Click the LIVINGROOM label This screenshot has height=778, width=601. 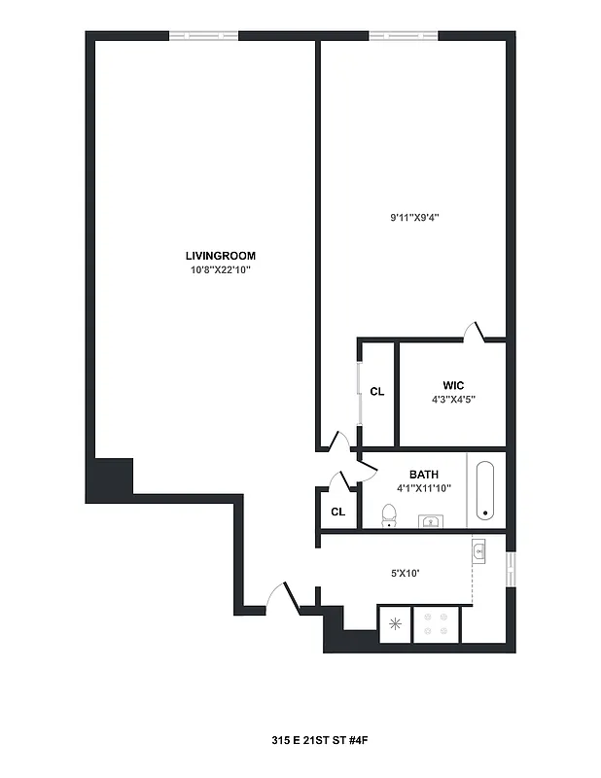pyautogui.click(x=220, y=256)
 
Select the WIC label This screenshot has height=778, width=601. pyautogui.click(x=452, y=385)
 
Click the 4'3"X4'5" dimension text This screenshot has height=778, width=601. pyautogui.click(x=452, y=399)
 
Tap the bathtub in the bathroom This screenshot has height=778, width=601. pyautogui.click(x=486, y=491)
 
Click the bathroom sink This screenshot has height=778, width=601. pyautogui.click(x=431, y=522)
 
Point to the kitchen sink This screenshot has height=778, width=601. pyautogui.click(x=479, y=553)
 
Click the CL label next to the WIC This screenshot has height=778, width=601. pyautogui.click(x=377, y=392)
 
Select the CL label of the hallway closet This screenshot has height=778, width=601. pyautogui.click(x=337, y=511)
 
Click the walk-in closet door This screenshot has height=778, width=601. pyautogui.click(x=475, y=332)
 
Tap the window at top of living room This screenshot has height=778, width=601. pyautogui.click(x=203, y=36)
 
